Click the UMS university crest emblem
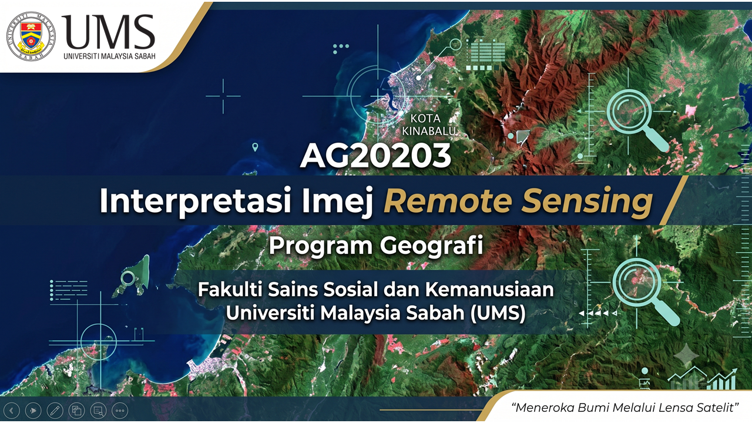point(31,36)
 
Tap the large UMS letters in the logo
point(108,32)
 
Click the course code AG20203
point(375,156)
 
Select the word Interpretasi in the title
point(194,201)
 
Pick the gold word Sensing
point(587,202)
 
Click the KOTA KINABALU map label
point(429,125)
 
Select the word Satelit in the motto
point(717,408)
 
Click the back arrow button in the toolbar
point(12,410)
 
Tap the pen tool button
point(55,410)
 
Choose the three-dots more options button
point(120,410)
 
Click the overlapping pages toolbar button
point(76,410)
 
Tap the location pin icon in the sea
point(255,147)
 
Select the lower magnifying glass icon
point(643,290)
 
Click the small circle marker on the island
point(127,278)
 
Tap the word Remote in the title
point(448,201)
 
